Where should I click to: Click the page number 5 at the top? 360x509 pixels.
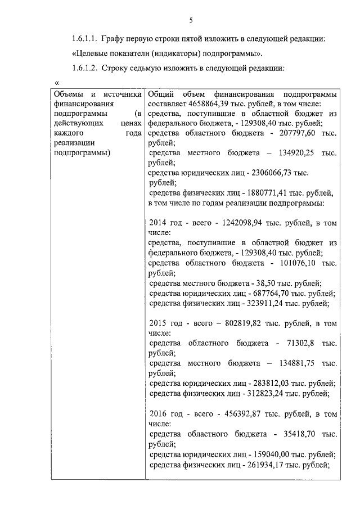[x=191, y=21]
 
